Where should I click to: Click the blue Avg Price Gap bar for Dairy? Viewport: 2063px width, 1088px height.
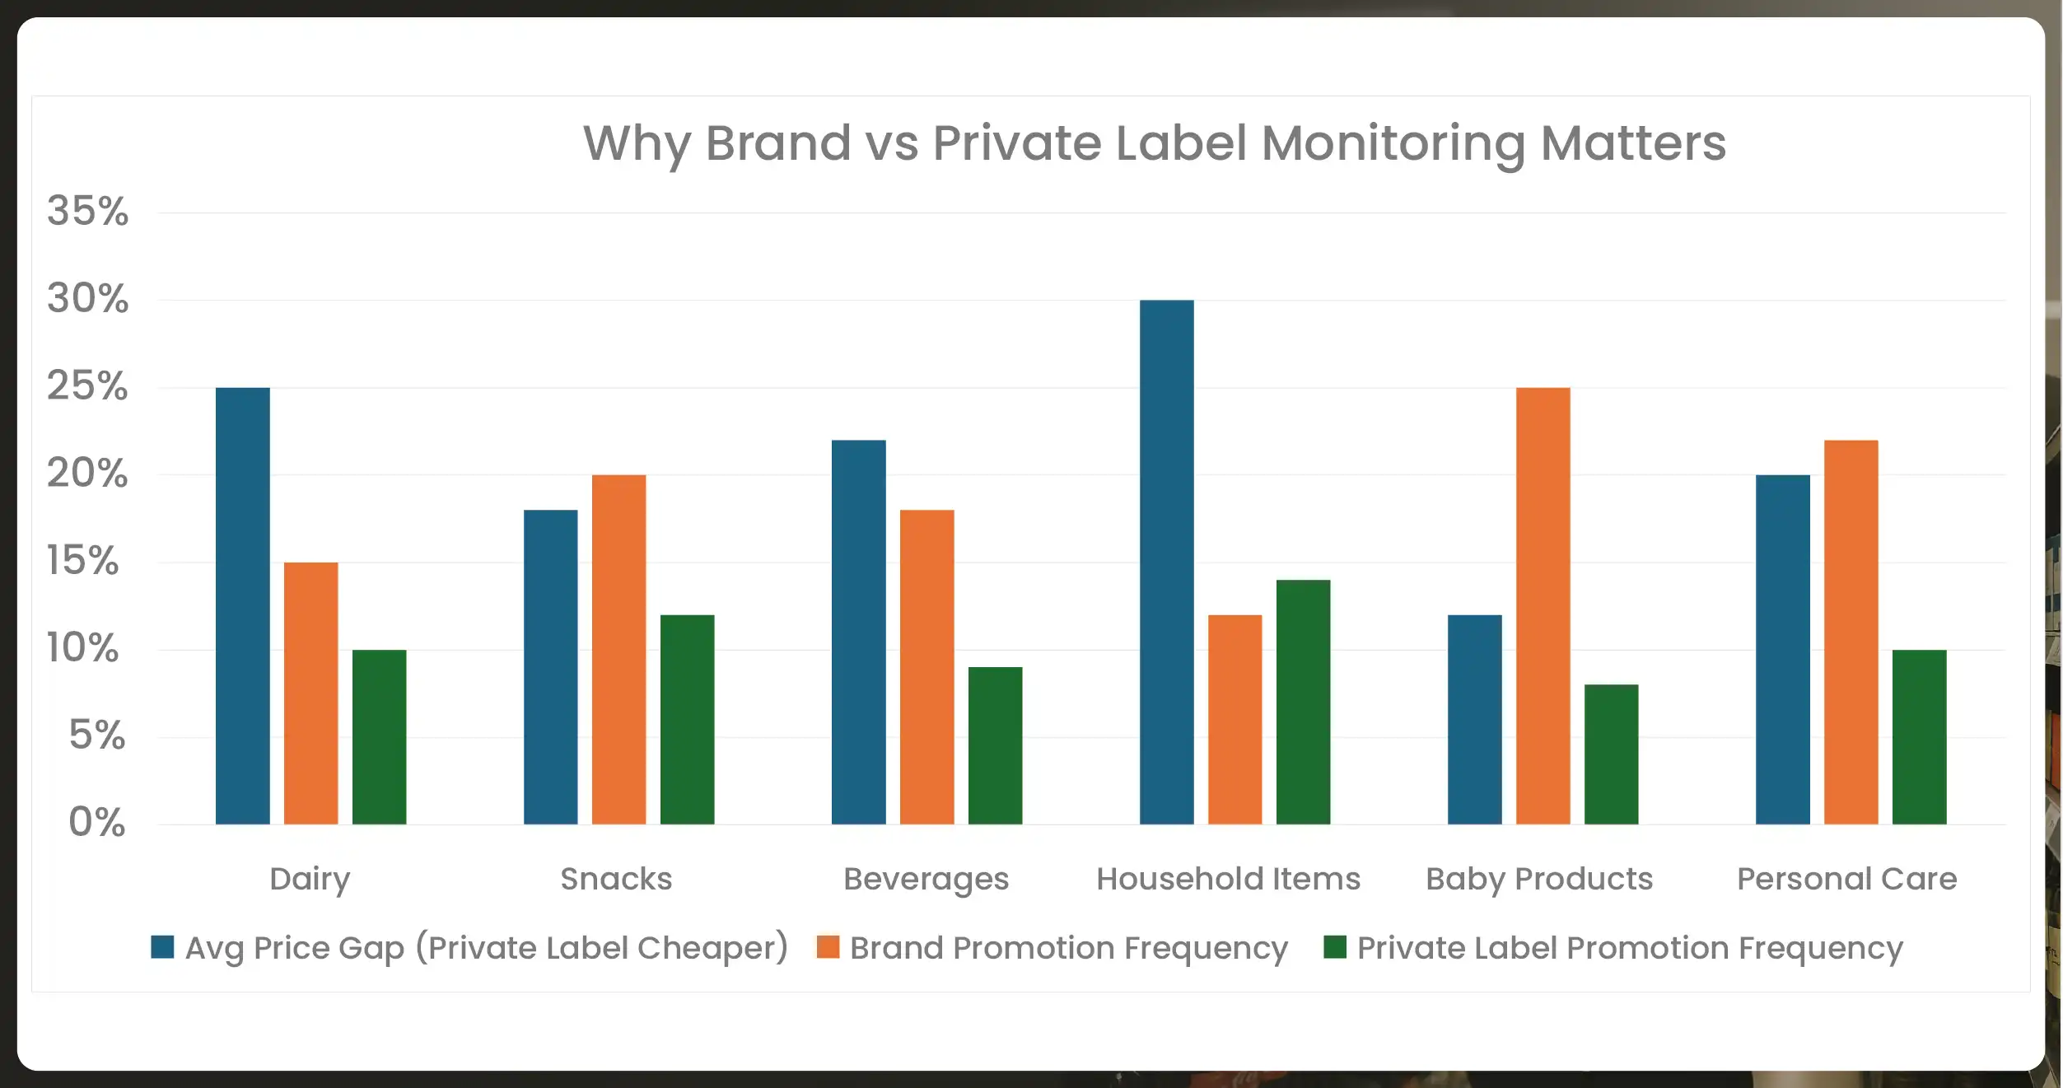coord(242,605)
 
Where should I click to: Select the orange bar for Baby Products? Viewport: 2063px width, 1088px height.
coord(1543,605)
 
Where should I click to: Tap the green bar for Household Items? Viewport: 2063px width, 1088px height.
coord(1303,702)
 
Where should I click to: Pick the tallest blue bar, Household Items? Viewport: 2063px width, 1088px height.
coord(1166,562)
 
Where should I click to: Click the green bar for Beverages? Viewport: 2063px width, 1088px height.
coord(995,745)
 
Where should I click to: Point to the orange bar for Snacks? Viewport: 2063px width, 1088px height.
coord(618,649)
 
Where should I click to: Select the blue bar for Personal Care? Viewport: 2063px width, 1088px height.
coord(1782,649)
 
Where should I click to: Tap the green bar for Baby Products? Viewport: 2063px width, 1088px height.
coord(1611,754)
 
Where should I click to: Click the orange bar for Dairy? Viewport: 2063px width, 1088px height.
coord(310,693)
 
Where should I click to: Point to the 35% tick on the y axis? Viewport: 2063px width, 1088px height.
coord(87,212)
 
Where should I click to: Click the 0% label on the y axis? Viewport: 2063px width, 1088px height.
coord(96,822)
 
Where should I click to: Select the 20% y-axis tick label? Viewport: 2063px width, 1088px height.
coord(87,474)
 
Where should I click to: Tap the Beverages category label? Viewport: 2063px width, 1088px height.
coord(926,880)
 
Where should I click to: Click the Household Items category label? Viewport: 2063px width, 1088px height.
coord(1228,880)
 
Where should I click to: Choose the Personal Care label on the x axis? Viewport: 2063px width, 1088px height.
coord(1846,880)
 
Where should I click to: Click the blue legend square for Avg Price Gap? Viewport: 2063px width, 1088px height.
coord(162,947)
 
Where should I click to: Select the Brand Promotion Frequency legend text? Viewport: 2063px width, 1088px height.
coord(1068,948)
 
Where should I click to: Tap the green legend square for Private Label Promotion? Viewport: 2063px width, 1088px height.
coord(1334,947)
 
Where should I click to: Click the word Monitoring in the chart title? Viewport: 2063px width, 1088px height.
coord(1393,143)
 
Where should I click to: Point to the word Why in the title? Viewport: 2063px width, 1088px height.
coord(637,143)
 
